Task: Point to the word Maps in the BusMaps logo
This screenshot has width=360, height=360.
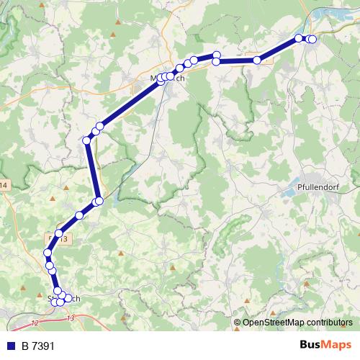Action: click(336, 346)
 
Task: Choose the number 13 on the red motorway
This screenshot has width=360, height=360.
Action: click(69, 318)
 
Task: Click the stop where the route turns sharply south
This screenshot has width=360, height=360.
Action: click(87, 140)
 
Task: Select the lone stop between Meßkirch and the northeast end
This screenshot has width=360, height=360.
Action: click(256, 60)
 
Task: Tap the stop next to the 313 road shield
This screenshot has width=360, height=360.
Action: click(60, 234)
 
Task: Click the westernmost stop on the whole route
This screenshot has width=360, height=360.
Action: click(48, 253)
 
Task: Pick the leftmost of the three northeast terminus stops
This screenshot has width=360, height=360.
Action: click(299, 38)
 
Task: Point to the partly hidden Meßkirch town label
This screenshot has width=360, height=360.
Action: click(167, 76)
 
